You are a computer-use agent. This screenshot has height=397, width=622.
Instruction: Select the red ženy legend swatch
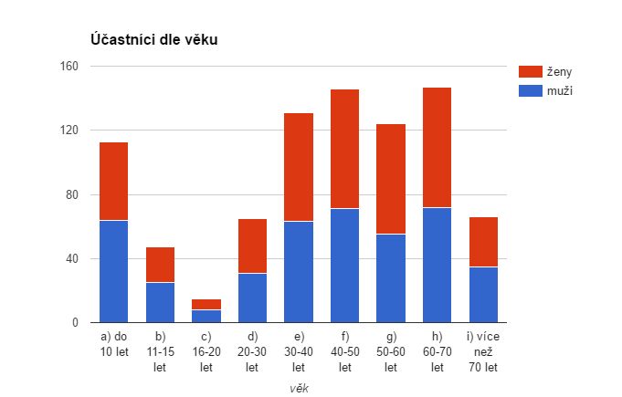click(x=530, y=71)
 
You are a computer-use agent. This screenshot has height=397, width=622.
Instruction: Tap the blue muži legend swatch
click(x=530, y=90)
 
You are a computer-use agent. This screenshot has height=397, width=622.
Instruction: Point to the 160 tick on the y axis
click(x=70, y=67)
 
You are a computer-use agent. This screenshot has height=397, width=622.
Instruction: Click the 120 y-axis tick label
click(x=70, y=131)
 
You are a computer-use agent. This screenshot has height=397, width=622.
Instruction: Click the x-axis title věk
click(x=298, y=388)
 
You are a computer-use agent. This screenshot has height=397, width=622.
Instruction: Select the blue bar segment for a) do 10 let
click(x=113, y=271)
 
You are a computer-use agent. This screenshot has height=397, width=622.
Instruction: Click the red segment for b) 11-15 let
click(x=160, y=265)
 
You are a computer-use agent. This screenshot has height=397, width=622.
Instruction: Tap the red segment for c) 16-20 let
click(x=206, y=304)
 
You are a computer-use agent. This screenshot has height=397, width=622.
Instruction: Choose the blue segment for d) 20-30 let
click(x=252, y=298)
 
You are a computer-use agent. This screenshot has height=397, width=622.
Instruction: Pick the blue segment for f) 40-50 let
click(x=344, y=266)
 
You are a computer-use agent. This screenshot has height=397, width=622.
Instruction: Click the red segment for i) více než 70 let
click(x=483, y=242)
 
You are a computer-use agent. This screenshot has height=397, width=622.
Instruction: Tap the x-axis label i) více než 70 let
click(x=483, y=351)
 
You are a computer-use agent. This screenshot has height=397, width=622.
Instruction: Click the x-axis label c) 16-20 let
click(x=206, y=351)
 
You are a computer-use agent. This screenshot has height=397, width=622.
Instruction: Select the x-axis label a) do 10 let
click(x=113, y=344)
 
